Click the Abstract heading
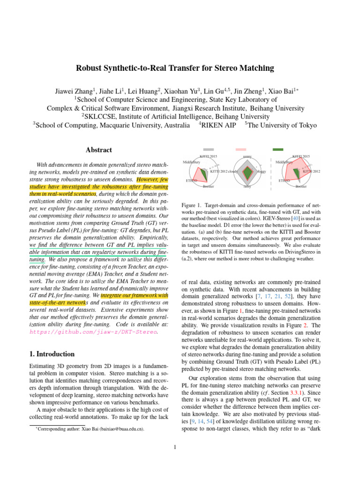click(x=98, y=150)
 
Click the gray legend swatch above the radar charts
click(x=209, y=149)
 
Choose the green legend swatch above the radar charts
click(x=278, y=149)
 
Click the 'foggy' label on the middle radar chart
click(x=262, y=172)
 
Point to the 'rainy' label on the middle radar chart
click(x=247, y=187)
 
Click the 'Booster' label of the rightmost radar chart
click(x=301, y=187)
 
